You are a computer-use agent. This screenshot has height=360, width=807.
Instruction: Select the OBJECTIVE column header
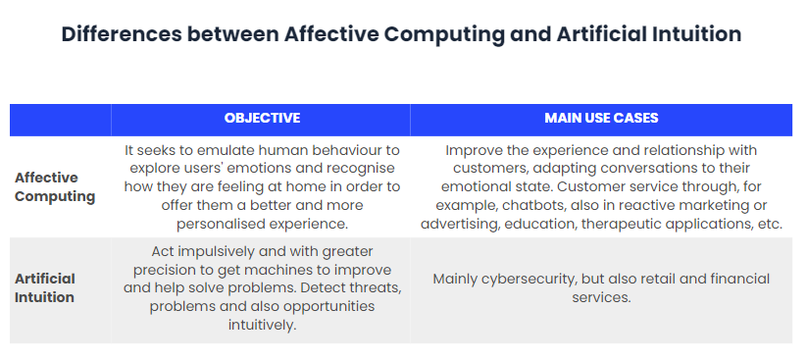(x=262, y=119)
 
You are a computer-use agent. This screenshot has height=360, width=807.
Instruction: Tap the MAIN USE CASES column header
(x=601, y=119)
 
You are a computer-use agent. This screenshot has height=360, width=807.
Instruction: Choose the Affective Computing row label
(x=55, y=186)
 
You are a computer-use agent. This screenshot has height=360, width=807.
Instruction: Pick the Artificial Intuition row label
(x=45, y=287)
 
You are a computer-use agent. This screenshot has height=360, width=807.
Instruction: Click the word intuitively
(x=261, y=325)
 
